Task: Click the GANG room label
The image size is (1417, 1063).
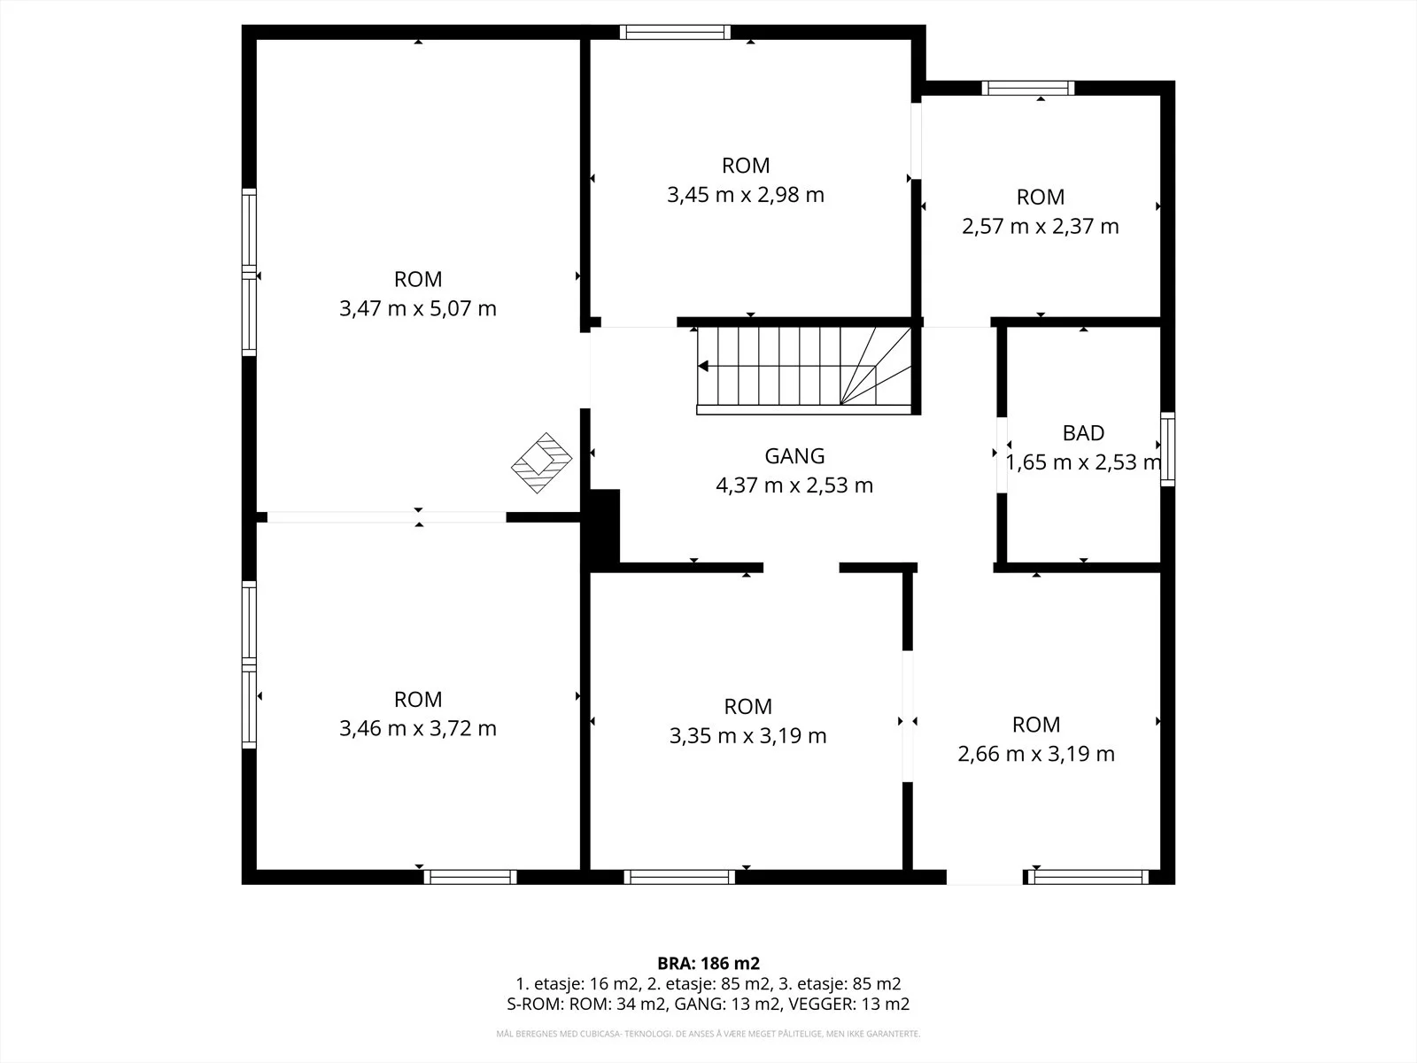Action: tap(794, 455)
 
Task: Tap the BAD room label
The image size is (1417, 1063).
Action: tap(1083, 432)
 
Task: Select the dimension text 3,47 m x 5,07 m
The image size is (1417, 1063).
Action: tap(418, 308)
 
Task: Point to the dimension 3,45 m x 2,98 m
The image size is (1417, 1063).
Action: tap(746, 195)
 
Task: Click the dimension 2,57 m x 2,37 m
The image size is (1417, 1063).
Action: tap(1040, 227)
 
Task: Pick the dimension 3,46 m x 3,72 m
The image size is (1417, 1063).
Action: tap(418, 729)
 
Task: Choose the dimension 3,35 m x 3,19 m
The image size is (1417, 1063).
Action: tap(747, 736)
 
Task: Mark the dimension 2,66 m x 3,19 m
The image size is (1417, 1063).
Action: tap(1036, 754)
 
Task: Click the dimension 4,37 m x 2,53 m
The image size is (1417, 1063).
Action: tap(794, 485)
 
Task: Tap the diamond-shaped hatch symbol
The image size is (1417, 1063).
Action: tap(542, 462)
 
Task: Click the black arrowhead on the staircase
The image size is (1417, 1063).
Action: tap(703, 367)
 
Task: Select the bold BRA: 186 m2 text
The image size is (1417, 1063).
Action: tap(708, 963)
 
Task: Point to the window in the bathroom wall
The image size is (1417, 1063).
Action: tap(1167, 449)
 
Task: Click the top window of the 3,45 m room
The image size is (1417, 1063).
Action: tap(675, 32)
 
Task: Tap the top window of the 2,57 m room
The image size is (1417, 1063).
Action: tap(1027, 89)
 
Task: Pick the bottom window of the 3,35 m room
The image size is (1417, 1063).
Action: tap(679, 876)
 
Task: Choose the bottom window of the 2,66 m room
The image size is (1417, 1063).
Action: tap(1088, 876)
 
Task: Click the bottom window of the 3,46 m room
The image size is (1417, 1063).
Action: tap(470, 876)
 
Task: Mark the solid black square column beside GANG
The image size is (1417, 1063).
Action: tap(601, 530)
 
